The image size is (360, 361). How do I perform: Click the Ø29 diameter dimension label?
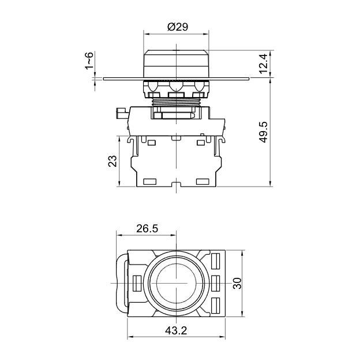pos(176,27)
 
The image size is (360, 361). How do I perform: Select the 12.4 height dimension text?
pos(264,64)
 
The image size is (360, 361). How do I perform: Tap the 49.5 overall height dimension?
pos(264,132)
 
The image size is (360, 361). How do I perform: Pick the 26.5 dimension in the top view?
pos(147,228)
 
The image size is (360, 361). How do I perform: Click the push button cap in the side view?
pos(175,62)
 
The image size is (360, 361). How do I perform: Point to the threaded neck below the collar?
pos(175,101)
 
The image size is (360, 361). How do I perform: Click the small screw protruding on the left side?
pos(122,112)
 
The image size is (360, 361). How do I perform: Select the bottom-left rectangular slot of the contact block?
pos(149,181)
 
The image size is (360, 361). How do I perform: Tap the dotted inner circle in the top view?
pos(175,282)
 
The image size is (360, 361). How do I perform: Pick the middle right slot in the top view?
pos(217,282)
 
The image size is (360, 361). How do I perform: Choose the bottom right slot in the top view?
pos(217,305)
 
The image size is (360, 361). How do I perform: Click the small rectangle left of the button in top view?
pos(137,282)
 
